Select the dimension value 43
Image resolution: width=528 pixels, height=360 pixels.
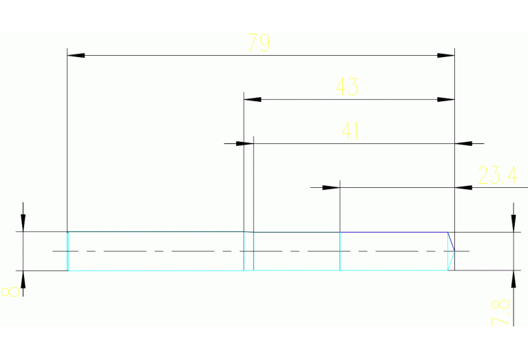(346, 87)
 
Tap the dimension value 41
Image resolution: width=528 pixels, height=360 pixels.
(350, 131)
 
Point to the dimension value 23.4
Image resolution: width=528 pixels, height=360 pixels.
(497, 176)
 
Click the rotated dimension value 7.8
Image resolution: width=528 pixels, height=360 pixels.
(502, 312)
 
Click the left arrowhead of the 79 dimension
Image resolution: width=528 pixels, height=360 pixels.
(75, 54)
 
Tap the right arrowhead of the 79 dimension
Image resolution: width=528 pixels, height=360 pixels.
(446, 54)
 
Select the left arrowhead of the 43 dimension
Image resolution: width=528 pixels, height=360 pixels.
(253, 99)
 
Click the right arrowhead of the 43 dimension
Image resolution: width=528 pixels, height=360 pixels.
(446, 99)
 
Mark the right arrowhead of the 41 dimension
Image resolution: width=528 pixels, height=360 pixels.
(464, 143)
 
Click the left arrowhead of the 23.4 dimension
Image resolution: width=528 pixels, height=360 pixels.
(332, 187)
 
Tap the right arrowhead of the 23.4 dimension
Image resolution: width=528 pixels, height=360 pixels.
(464, 187)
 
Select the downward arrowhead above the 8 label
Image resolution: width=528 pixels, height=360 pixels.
(23, 223)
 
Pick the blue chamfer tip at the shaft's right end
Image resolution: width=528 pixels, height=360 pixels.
(454, 251)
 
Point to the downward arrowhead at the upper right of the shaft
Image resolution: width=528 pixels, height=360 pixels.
(513, 223)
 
